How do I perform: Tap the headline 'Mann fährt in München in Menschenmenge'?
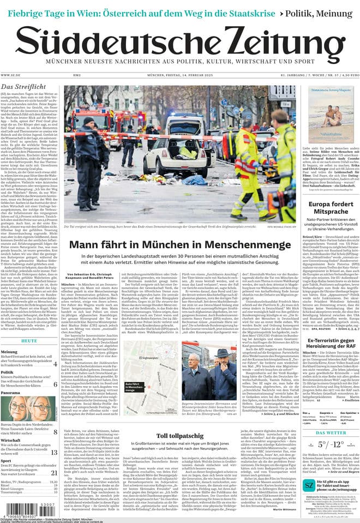[179, 245]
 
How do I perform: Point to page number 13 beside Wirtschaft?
[54, 452]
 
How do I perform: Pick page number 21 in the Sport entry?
[54, 473]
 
